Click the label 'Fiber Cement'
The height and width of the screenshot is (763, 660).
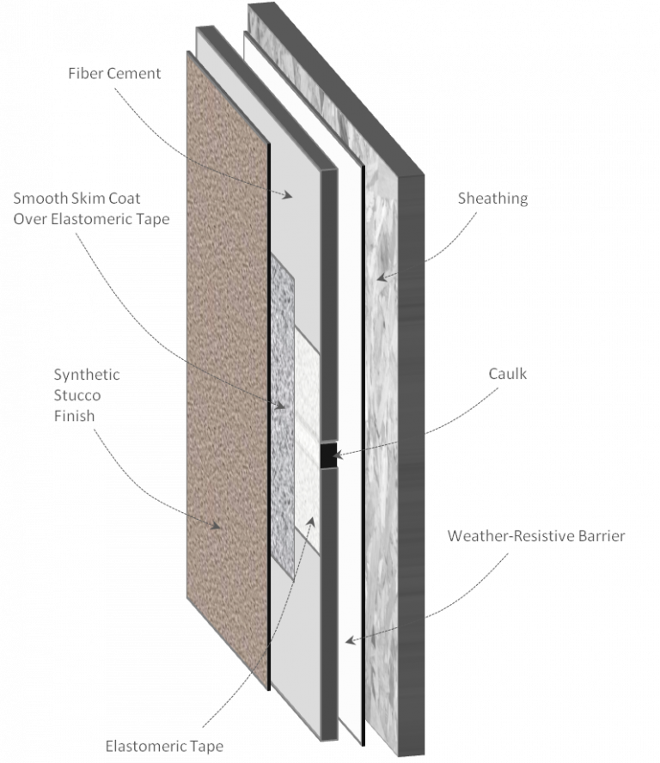[x=114, y=74]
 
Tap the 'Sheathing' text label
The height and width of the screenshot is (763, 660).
[x=492, y=198]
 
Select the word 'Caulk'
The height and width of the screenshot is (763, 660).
[x=507, y=374]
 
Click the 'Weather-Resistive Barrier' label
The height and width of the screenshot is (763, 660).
[x=536, y=536]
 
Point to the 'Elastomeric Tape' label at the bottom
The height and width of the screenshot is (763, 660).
[x=164, y=746]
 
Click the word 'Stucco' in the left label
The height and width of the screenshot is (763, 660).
[x=77, y=395]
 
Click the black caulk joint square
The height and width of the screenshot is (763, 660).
[x=329, y=455]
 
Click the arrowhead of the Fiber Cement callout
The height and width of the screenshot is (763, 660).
[x=288, y=195]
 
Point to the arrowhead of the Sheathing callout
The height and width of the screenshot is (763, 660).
[x=382, y=278]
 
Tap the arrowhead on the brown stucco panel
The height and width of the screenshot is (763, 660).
[x=216, y=525]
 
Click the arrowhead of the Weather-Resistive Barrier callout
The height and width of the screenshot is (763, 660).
[x=350, y=640]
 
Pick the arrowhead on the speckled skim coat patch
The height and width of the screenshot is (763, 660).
[x=280, y=405]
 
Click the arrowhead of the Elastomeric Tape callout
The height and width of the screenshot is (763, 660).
[x=310, y=522]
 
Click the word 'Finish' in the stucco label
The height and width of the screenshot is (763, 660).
[x=75, y=416]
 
